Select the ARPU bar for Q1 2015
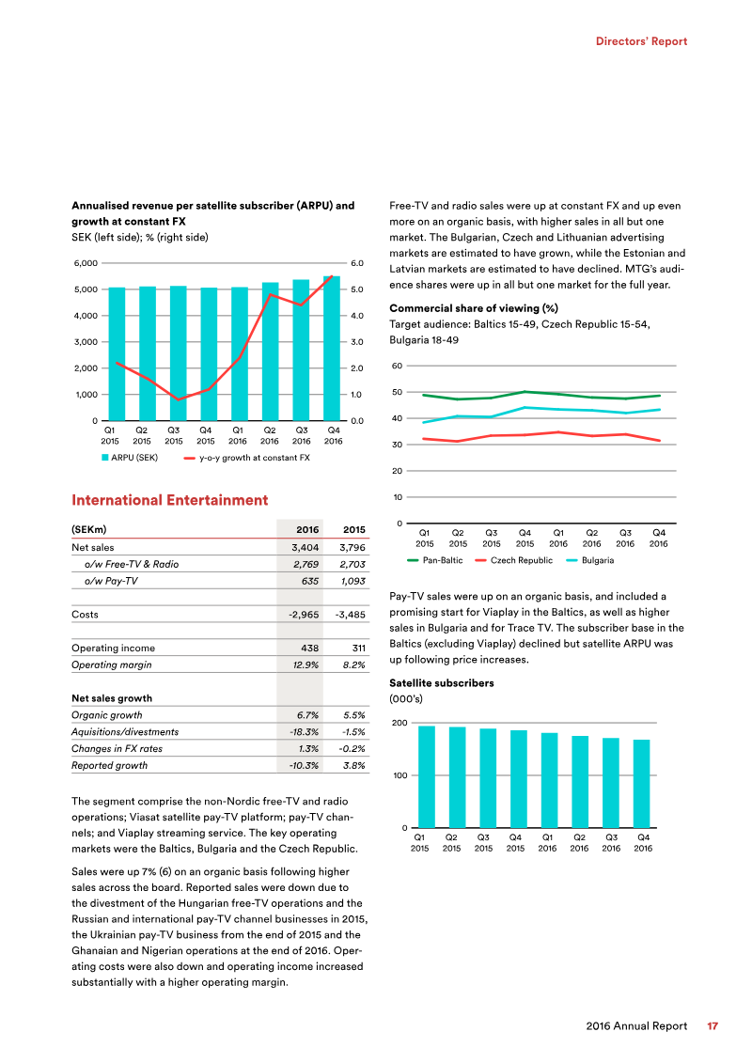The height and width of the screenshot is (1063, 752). (117, 354)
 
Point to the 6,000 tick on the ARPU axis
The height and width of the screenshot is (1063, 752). (85, 264)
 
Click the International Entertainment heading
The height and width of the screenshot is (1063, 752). (170, 501)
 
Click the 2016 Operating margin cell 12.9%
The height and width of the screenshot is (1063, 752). (305, 665)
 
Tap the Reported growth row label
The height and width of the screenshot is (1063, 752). (109, 765)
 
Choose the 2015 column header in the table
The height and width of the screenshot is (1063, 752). (353, 529)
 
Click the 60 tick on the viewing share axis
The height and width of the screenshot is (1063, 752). (398, 366)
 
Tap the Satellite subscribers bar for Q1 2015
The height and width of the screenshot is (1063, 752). (426, 776)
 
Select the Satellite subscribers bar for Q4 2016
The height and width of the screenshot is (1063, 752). (641, 784)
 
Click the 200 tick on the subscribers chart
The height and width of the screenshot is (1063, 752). (398, 723)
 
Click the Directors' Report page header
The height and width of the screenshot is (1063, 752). (642, 41)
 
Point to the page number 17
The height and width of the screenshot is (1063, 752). (713, 1026)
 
